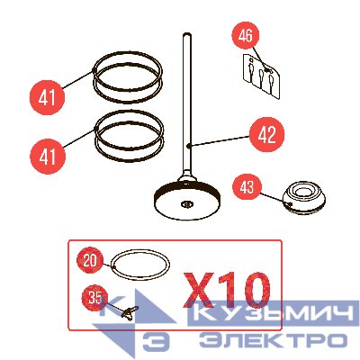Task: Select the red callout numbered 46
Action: tap(244, 37)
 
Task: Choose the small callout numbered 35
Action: tap(93, 295)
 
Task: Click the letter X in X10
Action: tap(200, 290)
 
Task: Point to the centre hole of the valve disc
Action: tap(187, 206)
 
